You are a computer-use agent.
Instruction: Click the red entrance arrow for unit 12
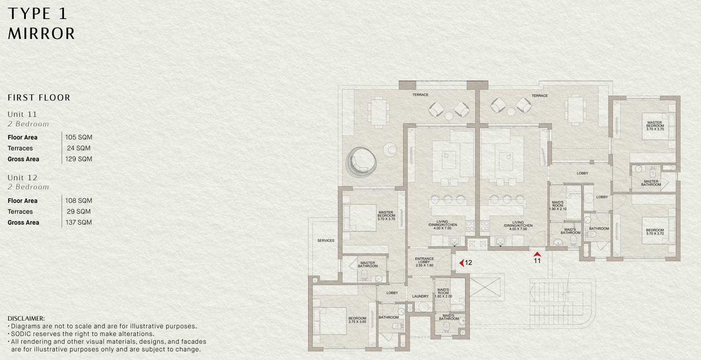click(x=461, y=263)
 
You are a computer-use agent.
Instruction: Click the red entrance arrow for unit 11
click(x=537, y=254)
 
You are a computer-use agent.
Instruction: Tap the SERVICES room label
click(x=326, y=240)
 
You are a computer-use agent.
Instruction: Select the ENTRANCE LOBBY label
click(x=424, y=262)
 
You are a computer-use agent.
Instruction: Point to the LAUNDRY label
click(x=421, y=296)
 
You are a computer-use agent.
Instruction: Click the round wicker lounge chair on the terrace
click(x=361, y=163)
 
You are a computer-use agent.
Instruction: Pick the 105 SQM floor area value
click(x=78, y=137)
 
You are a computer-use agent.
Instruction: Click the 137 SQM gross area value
click(x=78, y=222)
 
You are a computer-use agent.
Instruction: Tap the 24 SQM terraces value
click(x=78, y=148)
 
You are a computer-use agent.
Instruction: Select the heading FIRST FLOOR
click(x=39, y=97)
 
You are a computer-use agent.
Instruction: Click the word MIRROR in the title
click(x=41, y=34)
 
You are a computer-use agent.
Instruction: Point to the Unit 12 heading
click(x=23, y=178)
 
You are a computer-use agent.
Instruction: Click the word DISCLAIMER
click(x=26, y=318)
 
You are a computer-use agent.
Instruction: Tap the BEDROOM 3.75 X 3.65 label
click(x=357, y=320)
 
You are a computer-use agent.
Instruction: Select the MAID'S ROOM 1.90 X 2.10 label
click(x=558, y=206)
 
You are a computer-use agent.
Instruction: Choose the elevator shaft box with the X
click(x=485, y=288)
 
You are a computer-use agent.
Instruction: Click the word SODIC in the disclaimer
click(x=21, y=334)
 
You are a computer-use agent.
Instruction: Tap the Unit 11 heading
click(x=23, y=114)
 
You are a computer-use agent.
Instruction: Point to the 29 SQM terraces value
click(x=78, y=211)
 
